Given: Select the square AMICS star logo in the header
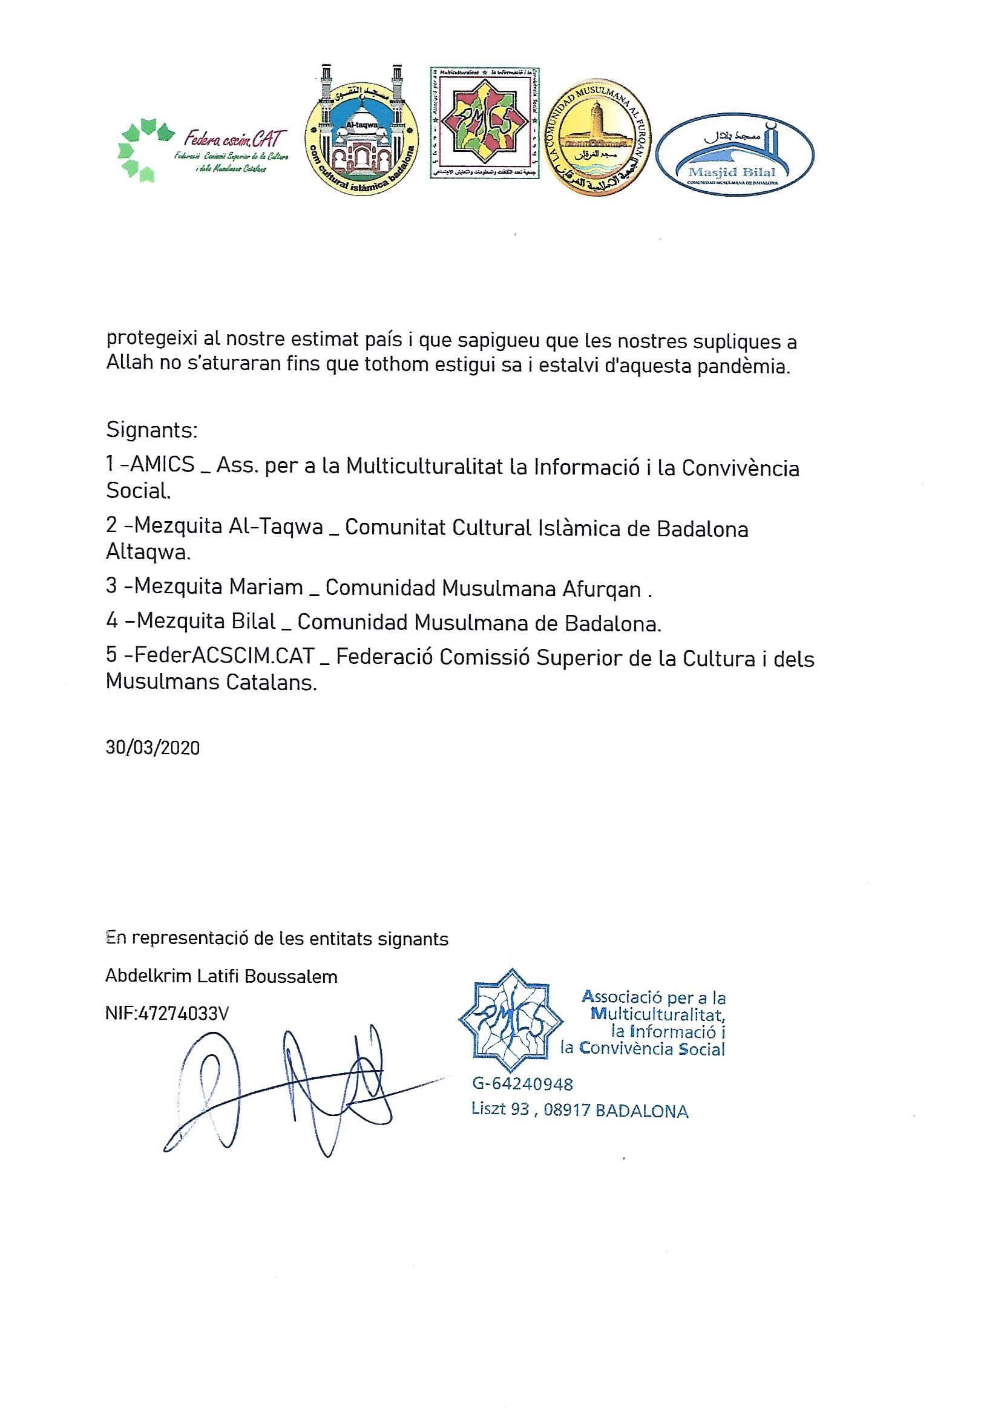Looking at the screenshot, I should pyautogui.click(x=485, y=123).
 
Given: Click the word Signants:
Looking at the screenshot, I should pyautogui.click(x=152, y=430).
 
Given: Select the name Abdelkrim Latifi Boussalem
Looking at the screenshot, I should pyautogui.click(x=222, y=976).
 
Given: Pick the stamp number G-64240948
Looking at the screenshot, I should pyautogui.click(x=522, y=1084).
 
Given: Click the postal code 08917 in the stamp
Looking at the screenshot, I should pyautogui.click(x=566, y=1110).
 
